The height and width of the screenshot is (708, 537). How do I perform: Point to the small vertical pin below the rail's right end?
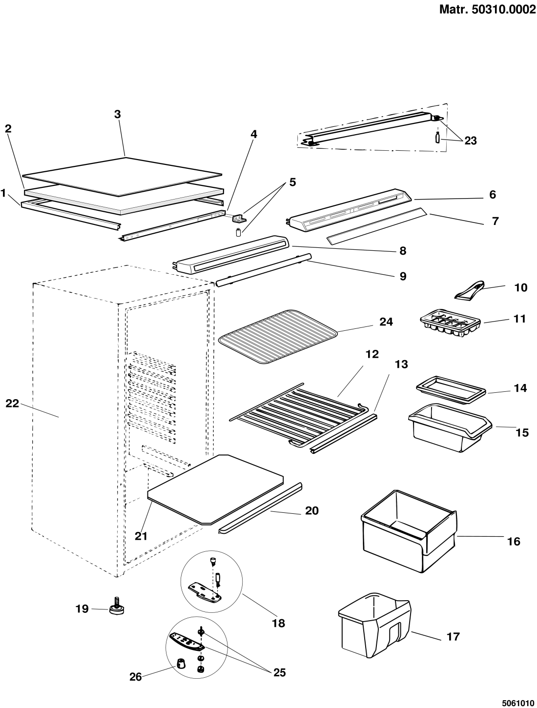[x=437, y=139]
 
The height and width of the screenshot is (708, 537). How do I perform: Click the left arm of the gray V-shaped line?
[x=73, y=202]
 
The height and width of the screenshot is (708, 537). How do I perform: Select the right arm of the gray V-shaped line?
[x=171, y=202]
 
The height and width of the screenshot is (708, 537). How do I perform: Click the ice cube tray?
[x=451, y=323]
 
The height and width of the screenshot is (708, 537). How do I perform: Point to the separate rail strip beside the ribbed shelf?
[x=344, y=433]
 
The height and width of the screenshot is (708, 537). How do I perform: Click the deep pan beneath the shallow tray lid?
[x=449, y=429]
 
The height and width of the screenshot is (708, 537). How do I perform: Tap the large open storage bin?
[x=408, y=532]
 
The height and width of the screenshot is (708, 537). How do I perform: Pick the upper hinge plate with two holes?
[x=205, y=591]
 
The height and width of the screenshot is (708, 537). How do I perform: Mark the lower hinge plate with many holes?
[x=186, y=641]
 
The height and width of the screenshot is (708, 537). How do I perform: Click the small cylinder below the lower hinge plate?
[x=182, y=664]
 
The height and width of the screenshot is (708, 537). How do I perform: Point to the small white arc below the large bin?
[x=373, y=595]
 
